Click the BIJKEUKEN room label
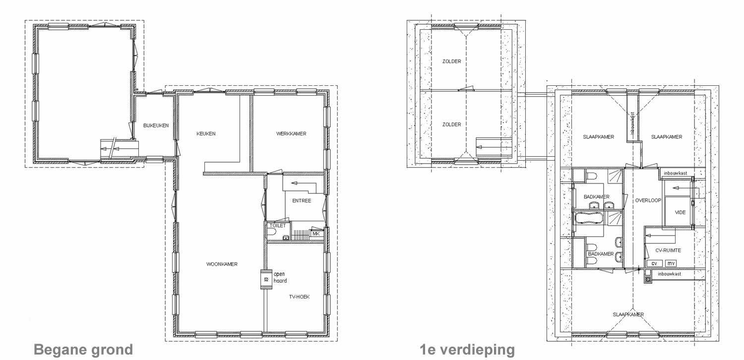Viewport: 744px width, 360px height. (156, 125)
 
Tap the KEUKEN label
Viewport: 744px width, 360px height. (206, 134)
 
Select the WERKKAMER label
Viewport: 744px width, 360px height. (291, 134)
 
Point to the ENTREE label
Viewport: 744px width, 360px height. (302, 200)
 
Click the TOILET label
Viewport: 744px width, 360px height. (275, 225)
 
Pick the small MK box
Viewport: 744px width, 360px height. (315, 234)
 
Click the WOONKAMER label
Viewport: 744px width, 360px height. (222, 264)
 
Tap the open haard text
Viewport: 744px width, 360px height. (280, 277)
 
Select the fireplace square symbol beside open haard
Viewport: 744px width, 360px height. (266, 280)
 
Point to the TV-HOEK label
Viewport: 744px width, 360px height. (299, 297)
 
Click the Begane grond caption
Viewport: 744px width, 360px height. (83, 350)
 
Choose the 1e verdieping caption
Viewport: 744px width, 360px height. (467, 350)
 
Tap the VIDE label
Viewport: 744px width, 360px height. (680, 212)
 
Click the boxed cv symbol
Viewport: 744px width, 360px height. (654, 263)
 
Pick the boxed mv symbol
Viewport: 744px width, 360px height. (671, 263)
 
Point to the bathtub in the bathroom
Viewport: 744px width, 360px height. (588, 218)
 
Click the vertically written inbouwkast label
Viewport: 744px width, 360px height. (633, 122)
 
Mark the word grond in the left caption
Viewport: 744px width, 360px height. (109, 350)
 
